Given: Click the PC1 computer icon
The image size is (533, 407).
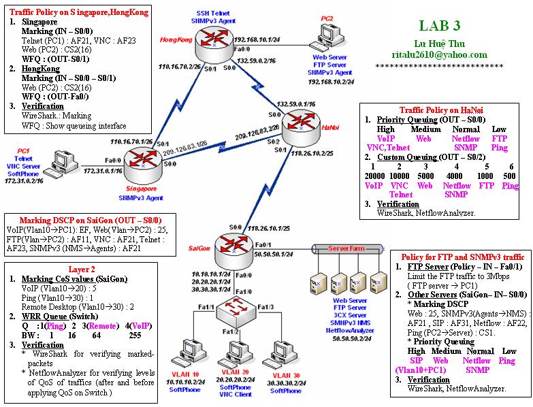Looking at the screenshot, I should coord(59,161).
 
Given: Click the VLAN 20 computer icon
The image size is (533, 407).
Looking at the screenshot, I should coord(234,357).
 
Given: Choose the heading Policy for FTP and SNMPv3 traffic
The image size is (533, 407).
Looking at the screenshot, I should coord(460,257).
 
